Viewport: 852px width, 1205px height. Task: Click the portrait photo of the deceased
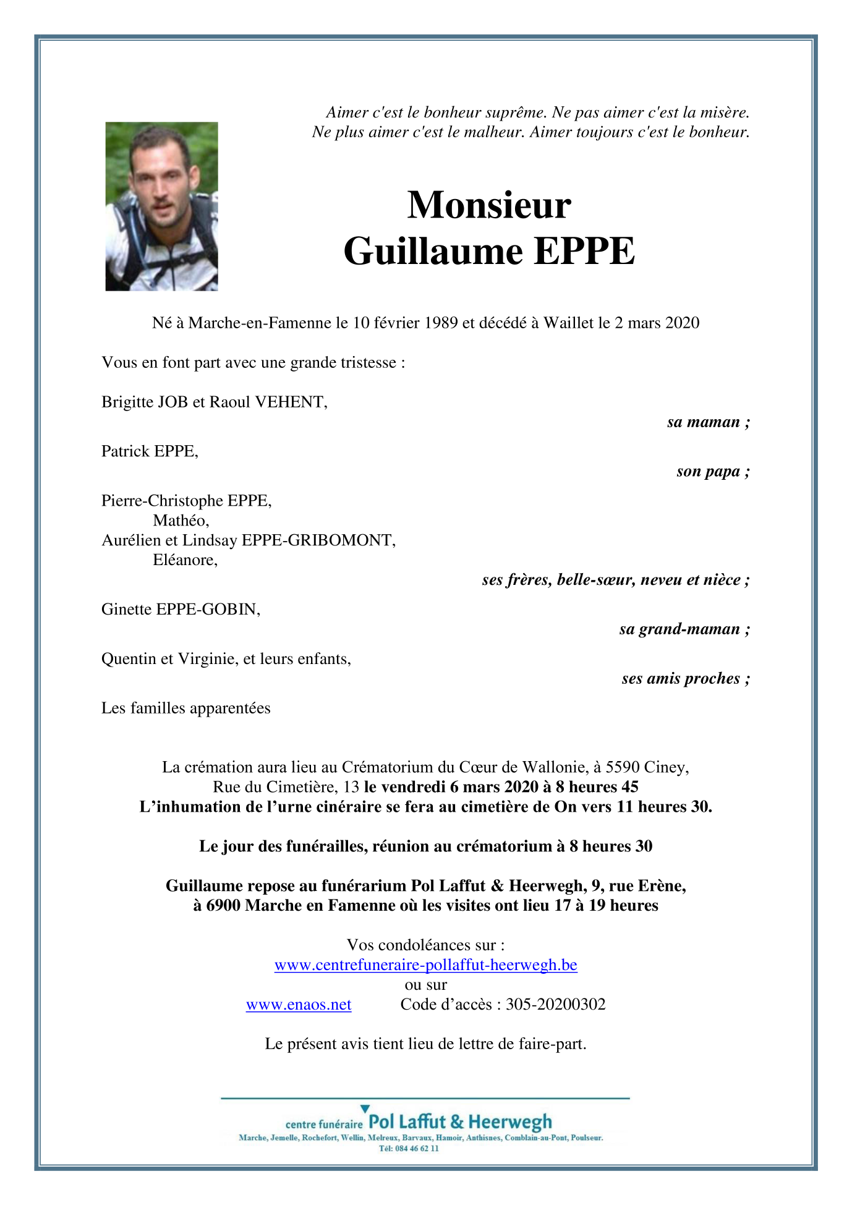(161, 206)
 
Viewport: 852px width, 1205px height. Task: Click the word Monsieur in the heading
(489, 205)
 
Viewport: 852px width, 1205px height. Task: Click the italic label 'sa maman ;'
(709, 422)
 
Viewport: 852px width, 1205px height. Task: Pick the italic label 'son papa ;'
(713, 472)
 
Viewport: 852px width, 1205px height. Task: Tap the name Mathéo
(181, 521)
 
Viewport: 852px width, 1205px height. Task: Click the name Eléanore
(185, 560)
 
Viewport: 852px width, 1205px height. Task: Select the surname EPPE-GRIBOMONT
(318, 540)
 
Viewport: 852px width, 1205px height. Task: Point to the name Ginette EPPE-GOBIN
(181, 610)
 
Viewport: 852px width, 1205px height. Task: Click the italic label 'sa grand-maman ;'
(684, 629)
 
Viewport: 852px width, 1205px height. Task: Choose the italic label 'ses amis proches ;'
(686, 679)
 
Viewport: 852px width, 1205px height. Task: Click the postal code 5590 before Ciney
(622, 767)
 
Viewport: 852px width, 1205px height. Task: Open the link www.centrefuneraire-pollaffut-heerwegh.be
(425, 965)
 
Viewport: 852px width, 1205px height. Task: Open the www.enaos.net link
(299, 1005)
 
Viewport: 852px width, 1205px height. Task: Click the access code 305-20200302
(555, 1005)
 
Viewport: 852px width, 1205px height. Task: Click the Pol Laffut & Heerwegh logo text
(460, 1122)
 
